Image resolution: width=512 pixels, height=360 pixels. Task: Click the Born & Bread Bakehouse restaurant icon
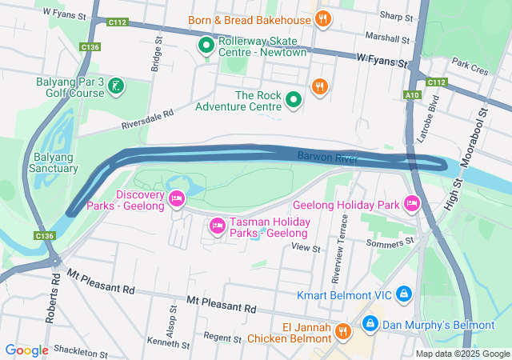click(x=322, y=19)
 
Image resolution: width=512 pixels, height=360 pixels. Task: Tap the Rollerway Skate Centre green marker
click(x=206, y=46)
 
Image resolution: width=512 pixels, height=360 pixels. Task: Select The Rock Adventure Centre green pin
click(x=294, y=100)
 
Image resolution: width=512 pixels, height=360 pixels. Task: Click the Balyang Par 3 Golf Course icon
click(x=117, y=85)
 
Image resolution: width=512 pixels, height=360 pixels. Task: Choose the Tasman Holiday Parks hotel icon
click(x=216, y=226)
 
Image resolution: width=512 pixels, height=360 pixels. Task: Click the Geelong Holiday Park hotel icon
click(x=412, y=205)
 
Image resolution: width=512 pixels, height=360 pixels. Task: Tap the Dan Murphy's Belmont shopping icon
click(x=370, y=325)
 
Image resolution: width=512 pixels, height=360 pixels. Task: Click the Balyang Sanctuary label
click(x=53, y=162)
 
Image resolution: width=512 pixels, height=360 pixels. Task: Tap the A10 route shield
click(x=412, y=95)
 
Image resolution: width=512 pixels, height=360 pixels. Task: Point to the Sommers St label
click(x=390, y=242)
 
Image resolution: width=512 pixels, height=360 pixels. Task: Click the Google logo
click(x=27, y=350)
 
